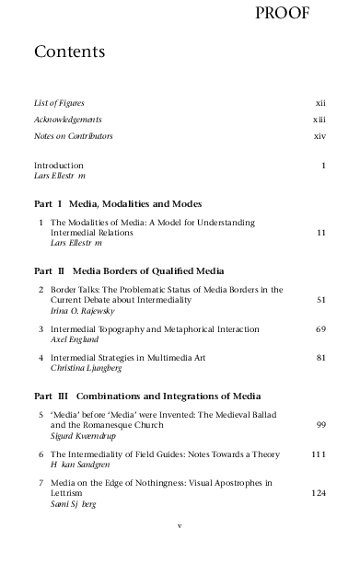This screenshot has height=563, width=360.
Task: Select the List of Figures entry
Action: tap(65, 103)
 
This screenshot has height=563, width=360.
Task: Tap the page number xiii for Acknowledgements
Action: tap(319, 120)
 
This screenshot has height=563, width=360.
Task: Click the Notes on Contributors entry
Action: tap(73, 136)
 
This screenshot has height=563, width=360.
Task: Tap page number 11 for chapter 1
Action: tap(321, 234)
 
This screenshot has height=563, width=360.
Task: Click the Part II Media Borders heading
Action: tap(129, 270)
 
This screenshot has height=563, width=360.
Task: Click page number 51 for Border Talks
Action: tap(321, 300)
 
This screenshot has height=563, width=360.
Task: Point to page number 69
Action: tap(321, 329)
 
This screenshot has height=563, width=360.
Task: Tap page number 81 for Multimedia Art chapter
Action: tap(321, 357)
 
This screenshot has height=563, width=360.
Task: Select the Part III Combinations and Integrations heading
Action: tap(160, 396)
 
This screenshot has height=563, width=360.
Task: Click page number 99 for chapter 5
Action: tap(321, 425)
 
